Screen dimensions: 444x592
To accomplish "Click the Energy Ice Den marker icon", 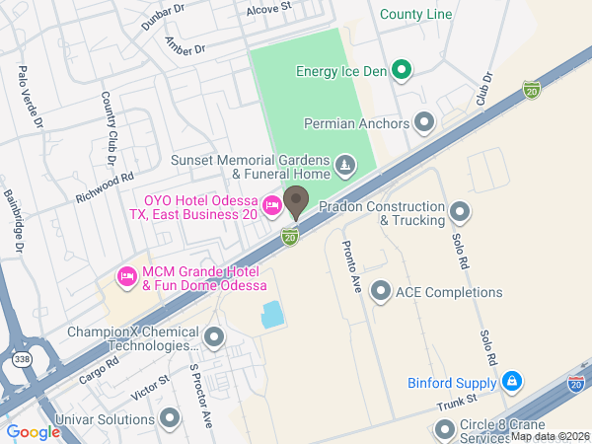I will coord(401,70).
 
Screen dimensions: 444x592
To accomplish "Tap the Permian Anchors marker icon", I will coord(425,122).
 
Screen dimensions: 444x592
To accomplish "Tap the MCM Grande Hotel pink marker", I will coord(126,276).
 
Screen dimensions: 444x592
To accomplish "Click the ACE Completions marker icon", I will coord(381,291).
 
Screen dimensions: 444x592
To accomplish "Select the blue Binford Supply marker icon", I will coord(511,381).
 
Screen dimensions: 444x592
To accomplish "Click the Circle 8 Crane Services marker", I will coord(442,429).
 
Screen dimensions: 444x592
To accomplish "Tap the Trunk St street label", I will coord(457,399).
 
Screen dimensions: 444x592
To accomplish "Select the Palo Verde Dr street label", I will coord(30,98).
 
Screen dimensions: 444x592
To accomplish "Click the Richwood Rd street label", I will coord(105,187).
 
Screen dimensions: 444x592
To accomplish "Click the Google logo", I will coord(34,431).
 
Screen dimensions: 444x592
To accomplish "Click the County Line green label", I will coord(415,16).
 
